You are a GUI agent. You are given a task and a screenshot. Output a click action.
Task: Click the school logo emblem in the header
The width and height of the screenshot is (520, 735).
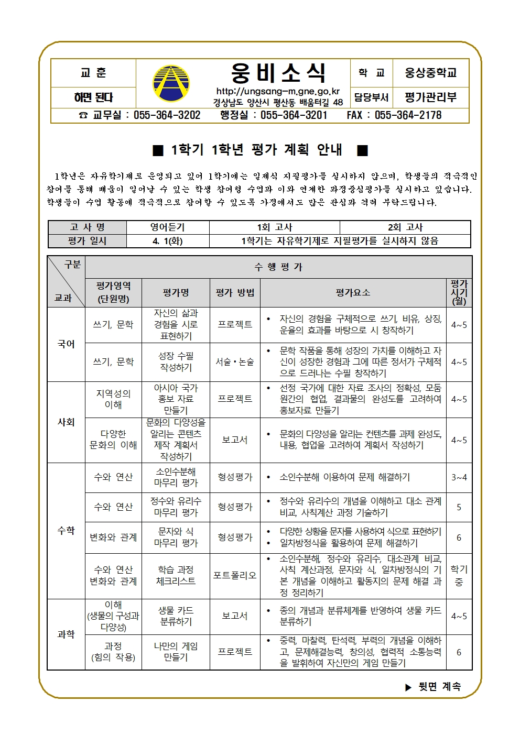pyautogui.click(x=171, y=83)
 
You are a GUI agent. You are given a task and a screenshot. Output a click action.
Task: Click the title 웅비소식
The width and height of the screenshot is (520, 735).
pyautogui.click(x=278, y=73)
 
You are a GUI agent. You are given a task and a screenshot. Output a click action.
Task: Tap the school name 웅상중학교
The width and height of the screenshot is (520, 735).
pyautogui.click(x=430, y=73)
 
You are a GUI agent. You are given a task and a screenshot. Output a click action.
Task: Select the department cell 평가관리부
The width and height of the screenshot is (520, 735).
pyautogui.click(x=430, y=97)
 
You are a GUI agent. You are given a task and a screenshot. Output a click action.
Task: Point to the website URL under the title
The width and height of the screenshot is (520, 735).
pyautogui.click(x=278, y=92)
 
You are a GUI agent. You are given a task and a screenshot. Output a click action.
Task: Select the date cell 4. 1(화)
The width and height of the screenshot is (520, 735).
pyautogui.click(x=168, y=241)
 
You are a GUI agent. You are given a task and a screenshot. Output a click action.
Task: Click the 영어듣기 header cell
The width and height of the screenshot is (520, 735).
pyautogui.click(x=168, y=227)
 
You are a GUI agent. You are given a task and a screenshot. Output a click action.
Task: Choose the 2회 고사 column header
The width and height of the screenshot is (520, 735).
pyautogui.click(x=405, y=227)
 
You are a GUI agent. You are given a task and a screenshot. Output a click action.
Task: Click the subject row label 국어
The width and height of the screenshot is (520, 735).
pyautogui.click(x=66, y=344)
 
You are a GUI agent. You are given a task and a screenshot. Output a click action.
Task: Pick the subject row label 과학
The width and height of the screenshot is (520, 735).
pyautogui.click(x=66, y=634)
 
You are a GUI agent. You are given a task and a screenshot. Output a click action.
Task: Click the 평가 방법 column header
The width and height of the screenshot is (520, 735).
pyautogui.click(x=235, y=293)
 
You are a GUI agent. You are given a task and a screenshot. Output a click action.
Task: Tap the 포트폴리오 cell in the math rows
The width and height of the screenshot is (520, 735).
pyautogui.click(x=235, y=576)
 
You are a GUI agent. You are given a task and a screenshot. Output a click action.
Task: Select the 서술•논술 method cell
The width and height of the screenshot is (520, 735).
pyautogui.click(x=235, y=362)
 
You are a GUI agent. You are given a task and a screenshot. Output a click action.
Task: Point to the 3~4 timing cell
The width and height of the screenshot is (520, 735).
pyautogui.click(x=459, y=477)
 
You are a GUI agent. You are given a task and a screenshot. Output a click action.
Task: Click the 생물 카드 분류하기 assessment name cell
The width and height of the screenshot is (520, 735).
pyautogui.click(x=176, y=616)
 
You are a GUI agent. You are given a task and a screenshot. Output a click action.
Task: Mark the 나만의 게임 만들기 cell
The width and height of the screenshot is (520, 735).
pyautogui.click(x=176, y=652)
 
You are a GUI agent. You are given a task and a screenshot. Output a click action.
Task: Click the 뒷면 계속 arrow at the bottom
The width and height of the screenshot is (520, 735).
pyautogui.click(x=409, y=687)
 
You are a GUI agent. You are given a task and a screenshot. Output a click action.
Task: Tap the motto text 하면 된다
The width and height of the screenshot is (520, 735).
pyautogui.click(x=93, y=97)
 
